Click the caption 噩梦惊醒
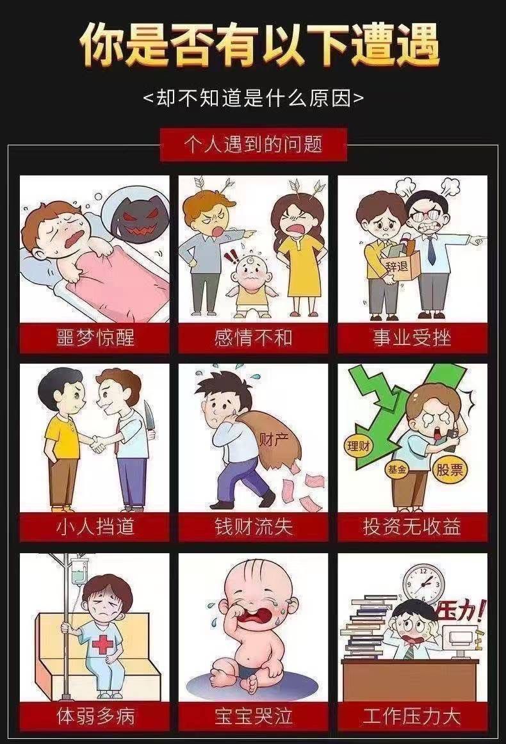95,338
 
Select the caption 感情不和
253,338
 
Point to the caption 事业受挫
412,338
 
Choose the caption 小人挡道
95,526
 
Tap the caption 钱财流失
253,526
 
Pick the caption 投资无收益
412,526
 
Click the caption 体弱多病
95,716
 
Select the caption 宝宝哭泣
253,716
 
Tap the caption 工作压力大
412,716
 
